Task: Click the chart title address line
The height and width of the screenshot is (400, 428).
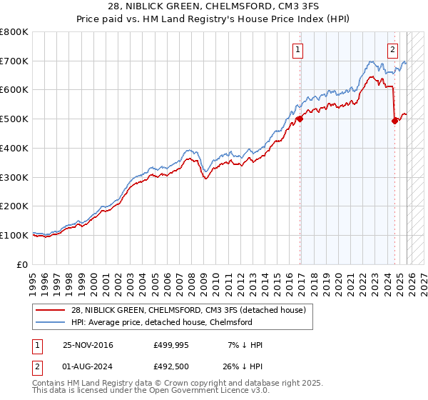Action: click(214, 6)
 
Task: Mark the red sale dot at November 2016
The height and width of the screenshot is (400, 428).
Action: click(300, 119)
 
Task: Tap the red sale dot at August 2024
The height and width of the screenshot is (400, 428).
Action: click(394, 121)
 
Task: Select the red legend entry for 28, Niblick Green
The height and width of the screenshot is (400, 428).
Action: click(188, 310)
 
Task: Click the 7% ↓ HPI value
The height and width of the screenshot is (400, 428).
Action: click(243, 345)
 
